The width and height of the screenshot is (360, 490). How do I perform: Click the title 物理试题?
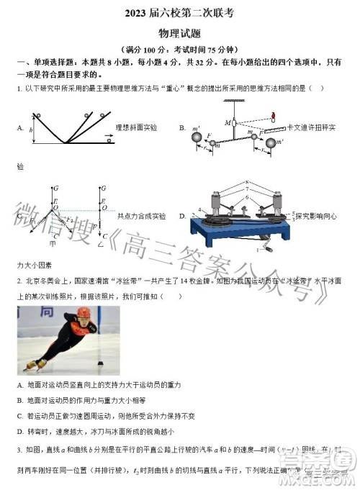coord(179,32)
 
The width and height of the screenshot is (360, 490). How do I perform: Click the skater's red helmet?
coord(86,314)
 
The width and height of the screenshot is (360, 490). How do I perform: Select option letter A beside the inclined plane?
coord(19,127)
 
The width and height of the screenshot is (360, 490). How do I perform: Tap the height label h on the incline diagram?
coord(31,130)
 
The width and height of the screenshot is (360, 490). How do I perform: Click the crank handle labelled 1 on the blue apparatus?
coord(270,248)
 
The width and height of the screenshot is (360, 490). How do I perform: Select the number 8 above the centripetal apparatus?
coord(246,181)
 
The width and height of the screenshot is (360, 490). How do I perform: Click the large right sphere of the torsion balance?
coord(271,144)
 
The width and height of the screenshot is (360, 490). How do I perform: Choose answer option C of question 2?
coord(19,416)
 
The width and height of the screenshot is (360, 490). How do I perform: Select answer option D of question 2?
coord(19,432)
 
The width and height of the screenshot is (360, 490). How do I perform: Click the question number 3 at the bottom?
coord(18,449)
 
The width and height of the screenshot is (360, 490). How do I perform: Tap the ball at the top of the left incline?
coord(38,115)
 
